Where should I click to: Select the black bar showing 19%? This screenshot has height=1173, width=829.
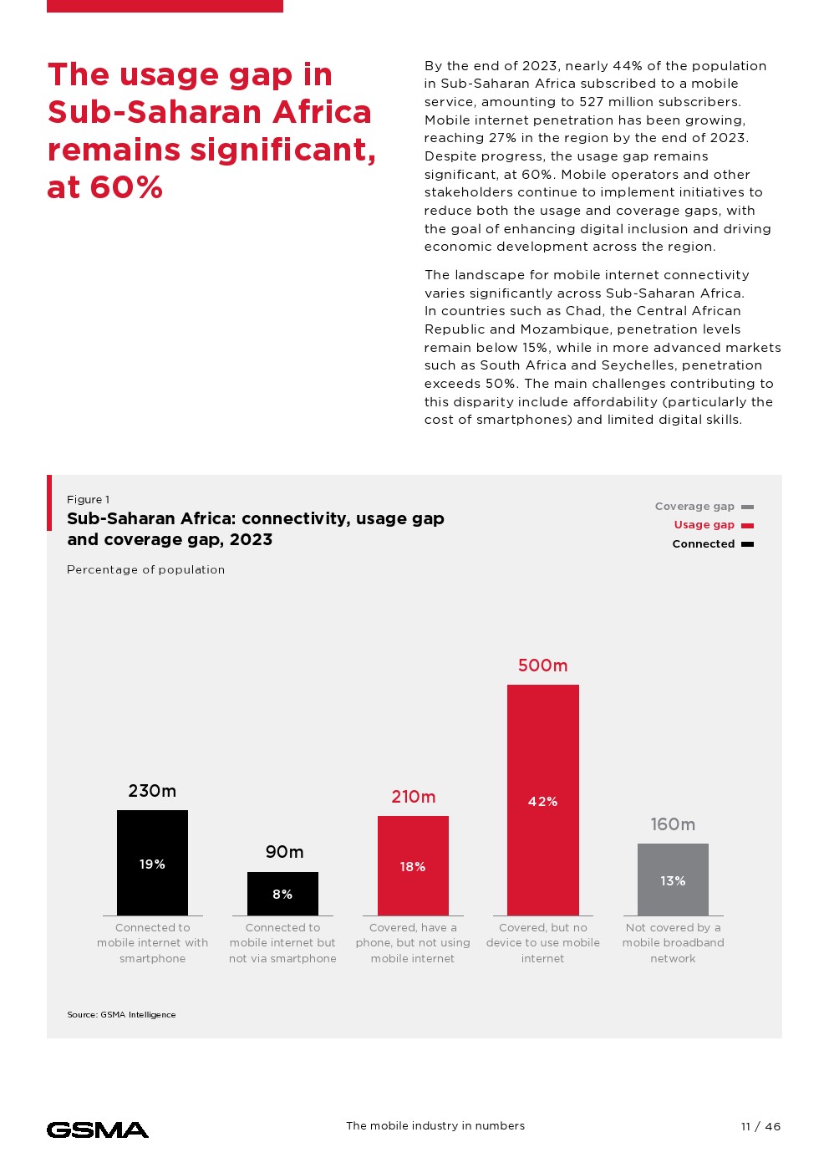[152, 863]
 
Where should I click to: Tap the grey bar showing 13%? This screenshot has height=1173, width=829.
[673, 880]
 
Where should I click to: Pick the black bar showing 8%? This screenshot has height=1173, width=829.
[282, 894]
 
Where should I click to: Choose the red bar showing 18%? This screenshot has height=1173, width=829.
[413, 865]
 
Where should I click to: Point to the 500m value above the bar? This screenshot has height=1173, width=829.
[542, 666]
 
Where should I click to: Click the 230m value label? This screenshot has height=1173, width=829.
[152, 791]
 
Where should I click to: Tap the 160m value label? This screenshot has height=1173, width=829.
[673, 824]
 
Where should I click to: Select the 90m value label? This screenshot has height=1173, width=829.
[284, 852]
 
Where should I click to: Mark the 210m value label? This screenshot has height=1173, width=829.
[414, 797]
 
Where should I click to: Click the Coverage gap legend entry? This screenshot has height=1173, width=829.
[704, 507]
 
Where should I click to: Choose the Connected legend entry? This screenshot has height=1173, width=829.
[712, 544]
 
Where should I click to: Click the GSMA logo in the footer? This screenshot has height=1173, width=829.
[98, 1130]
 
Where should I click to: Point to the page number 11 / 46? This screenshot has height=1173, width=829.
[760, 1126]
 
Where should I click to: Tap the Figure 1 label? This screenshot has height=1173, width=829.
[88, 500]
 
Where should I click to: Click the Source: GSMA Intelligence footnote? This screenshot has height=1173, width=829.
[121, 1015]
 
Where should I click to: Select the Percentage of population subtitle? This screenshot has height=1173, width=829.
[145, 570]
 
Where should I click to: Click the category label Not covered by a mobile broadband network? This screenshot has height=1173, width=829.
[673, 943]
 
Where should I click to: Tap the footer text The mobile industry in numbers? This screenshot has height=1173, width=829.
[435, 1126]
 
